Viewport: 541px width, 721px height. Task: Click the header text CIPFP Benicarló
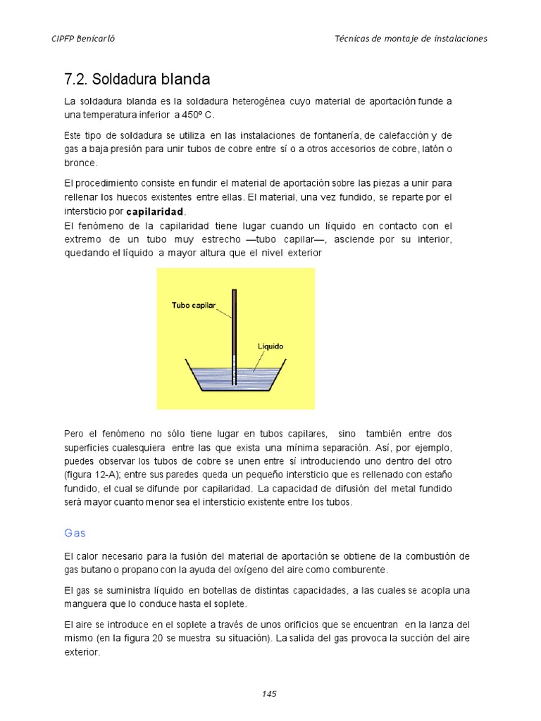point(84,39)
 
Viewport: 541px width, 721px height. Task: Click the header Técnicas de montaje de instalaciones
point(411,39)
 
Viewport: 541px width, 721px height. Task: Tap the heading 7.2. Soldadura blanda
point(137,78)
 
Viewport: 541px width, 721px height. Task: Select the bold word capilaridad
point(155,211)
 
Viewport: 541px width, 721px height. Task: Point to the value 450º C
point(201,115)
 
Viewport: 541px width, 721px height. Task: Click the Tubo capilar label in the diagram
point(193,305)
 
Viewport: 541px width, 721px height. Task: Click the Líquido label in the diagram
point(270,346)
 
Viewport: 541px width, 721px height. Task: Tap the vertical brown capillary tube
point(235,324)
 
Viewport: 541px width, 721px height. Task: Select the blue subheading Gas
point(75,533)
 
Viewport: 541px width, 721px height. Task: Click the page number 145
point(269,694)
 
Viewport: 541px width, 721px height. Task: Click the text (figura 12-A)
point(92,475)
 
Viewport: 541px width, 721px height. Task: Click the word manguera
point(86,603)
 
